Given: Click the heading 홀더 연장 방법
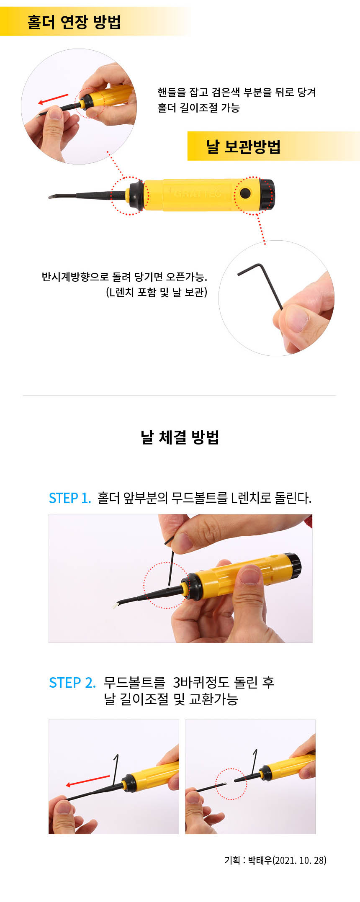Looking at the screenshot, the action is [x=74, y=21].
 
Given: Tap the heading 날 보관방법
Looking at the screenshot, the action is [x=243, y=146].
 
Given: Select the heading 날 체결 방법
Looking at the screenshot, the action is [x=180, y=437].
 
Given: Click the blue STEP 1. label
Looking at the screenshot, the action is [x=70, y=498].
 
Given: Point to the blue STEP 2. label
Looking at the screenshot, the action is [x=72, y=683].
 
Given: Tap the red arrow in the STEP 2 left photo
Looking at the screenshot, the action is [x=88, y=781].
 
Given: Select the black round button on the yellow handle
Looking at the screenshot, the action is [x=245, y=193].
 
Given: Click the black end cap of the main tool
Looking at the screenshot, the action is [x=267, y=195].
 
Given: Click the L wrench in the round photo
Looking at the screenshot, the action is [x=260, y=286].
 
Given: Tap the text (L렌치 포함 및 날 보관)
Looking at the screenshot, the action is [x=157, y=292].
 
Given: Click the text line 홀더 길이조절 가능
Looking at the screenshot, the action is [x=198, y=108].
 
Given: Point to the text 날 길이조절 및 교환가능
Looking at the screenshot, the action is [x=171, y=699].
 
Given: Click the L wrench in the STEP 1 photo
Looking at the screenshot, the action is [x=170, y=563].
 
